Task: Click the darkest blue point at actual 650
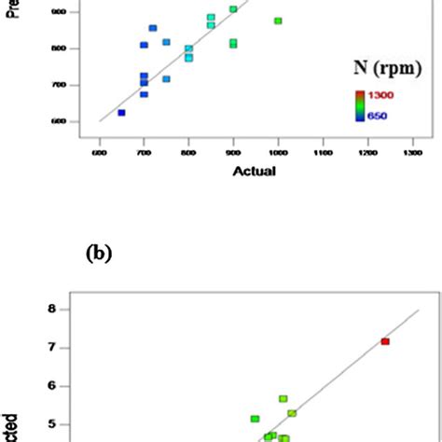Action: pyautogui.click(x=121, y=113)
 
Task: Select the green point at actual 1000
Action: pyautogui.click(x=278, y=21)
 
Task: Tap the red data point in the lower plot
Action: pyautogui.click(x=384, y=341)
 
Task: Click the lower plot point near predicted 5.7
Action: pyautogui.click(x=283, y=399)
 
